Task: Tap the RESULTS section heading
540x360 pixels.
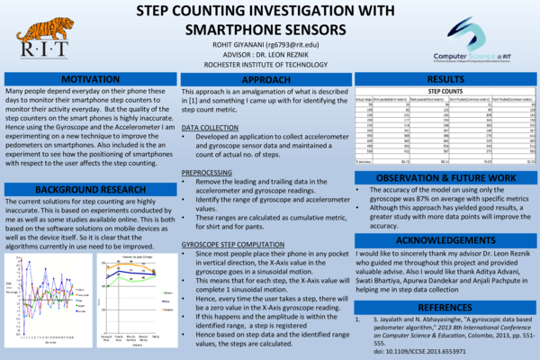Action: tap(451, 80)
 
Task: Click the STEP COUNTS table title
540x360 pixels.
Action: tap(451, 93)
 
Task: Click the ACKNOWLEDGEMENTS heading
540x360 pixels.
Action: tap(451, 242)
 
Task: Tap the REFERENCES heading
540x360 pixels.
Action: tap(451, 308)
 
